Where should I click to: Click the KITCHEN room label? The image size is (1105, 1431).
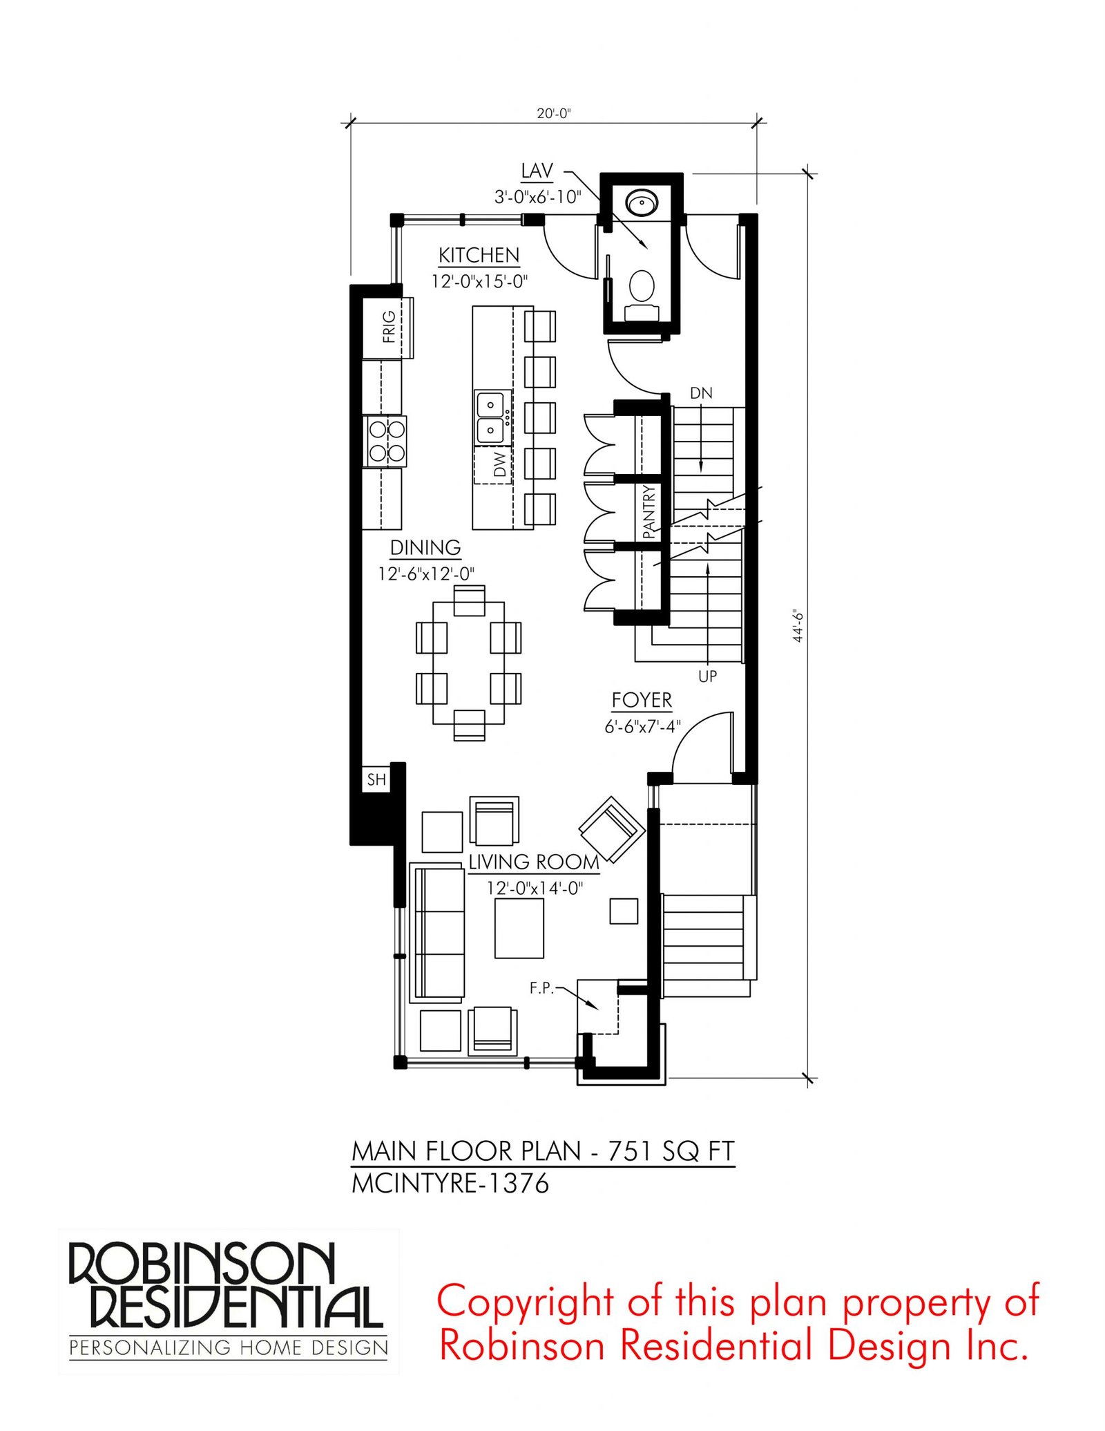pyautogui.click(x=479, y=256)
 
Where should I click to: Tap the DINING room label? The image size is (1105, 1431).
pyautogui.click(x=425, y=548)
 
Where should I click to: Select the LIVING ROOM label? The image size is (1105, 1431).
pyautogui.click(x=534, y=862)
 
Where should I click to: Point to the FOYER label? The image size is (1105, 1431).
pyautogui.click(x=642, y=701)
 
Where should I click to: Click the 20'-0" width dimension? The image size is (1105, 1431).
pyautogui.click(x=554, y=113)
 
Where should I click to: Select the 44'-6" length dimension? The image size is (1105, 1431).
pyautogui.click(x=798, y=626)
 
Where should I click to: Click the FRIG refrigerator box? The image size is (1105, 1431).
pyautogui.click(x=388, y=328)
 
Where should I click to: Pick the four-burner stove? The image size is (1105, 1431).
pyautogui.click(x=385, y=441)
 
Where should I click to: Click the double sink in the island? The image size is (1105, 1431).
pyautogui.click(x=491, y=417)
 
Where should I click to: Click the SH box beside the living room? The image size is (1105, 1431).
pyautogui.click(x=376, y=779)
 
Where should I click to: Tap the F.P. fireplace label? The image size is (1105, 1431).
pyautogui.click(x=542, y=989)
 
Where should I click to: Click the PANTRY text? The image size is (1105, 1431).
pyautogui.click(x=648, y=512)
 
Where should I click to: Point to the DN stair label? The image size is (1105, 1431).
pyautogui.click(x=701, y=393)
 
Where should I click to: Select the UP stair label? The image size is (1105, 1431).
pyautogui.click(x=708, y=676)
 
